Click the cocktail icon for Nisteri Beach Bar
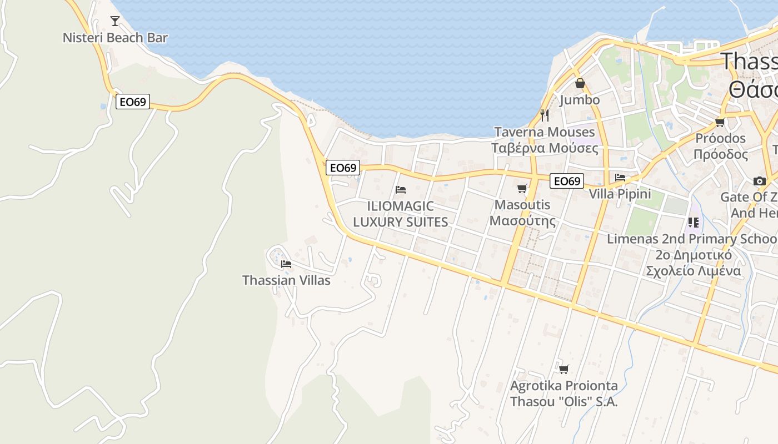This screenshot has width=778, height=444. tap(115, 21)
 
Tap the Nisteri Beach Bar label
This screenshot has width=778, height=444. tap(115, 38)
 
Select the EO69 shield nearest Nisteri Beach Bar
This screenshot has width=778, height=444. tap(133, 102)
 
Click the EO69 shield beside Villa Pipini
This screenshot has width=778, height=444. tap(567, 181)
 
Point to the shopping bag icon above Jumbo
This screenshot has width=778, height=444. tap(580, 84)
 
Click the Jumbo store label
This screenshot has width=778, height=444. tap(580, 100)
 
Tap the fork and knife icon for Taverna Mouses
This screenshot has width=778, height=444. tap(545, 115)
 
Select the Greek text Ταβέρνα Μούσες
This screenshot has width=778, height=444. tap(544, 148)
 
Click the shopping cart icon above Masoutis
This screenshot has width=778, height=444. tap(522, 189)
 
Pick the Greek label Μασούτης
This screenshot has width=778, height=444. tap(522, 221)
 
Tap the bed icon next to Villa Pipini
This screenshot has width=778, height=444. tap(620, 178)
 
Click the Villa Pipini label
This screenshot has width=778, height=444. tap(620, 194)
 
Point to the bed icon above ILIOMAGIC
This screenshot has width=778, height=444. tap(400, 190)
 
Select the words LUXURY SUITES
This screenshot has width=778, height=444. tap(400, 222)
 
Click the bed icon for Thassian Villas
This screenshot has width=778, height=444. tap(286, 264)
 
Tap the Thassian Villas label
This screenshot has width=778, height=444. tap(286, 280)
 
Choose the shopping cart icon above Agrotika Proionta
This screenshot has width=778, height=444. tap(563, 369)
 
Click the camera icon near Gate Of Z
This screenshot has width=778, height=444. tap(759, 181)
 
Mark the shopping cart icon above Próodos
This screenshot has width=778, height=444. tap(720, 122)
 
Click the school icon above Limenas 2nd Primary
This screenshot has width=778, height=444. tap(693, 223)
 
